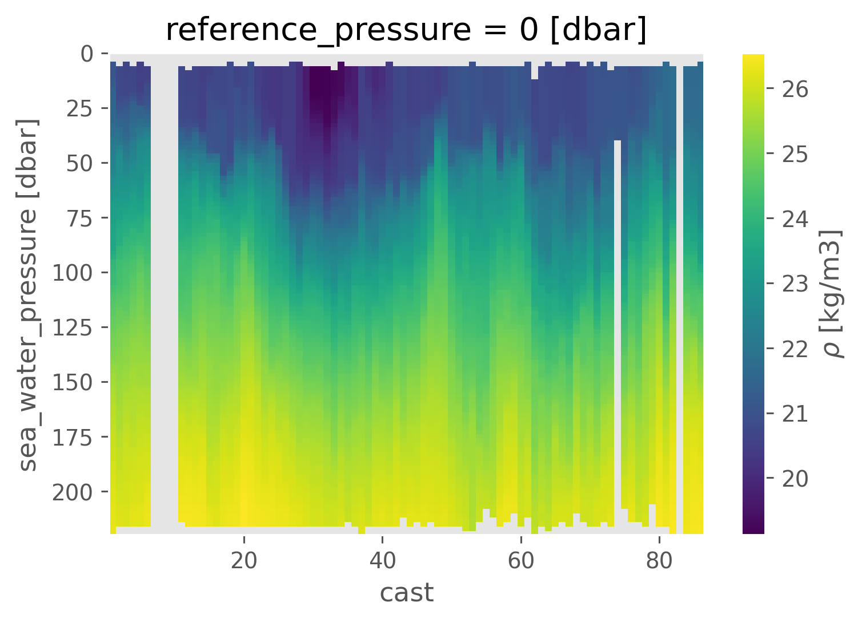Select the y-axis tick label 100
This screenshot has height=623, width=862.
pos(73,273)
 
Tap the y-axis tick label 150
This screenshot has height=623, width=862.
pos(73,382)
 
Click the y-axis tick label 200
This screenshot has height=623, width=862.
pos(73,492)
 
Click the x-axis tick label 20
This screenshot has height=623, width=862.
pos(244,561)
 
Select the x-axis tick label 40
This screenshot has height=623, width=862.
pos(382,561)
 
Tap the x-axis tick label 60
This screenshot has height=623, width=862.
pos(521,561)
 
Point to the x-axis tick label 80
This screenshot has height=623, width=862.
pos(659,561)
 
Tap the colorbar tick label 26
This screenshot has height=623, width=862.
pos(795,90)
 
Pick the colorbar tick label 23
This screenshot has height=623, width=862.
pos(795,284)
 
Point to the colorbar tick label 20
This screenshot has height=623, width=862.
pos(795,478)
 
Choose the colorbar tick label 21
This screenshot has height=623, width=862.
pos(795,413)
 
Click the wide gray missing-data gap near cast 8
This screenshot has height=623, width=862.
pos(165,285)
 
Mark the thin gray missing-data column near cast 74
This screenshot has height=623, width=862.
pos(618,331)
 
